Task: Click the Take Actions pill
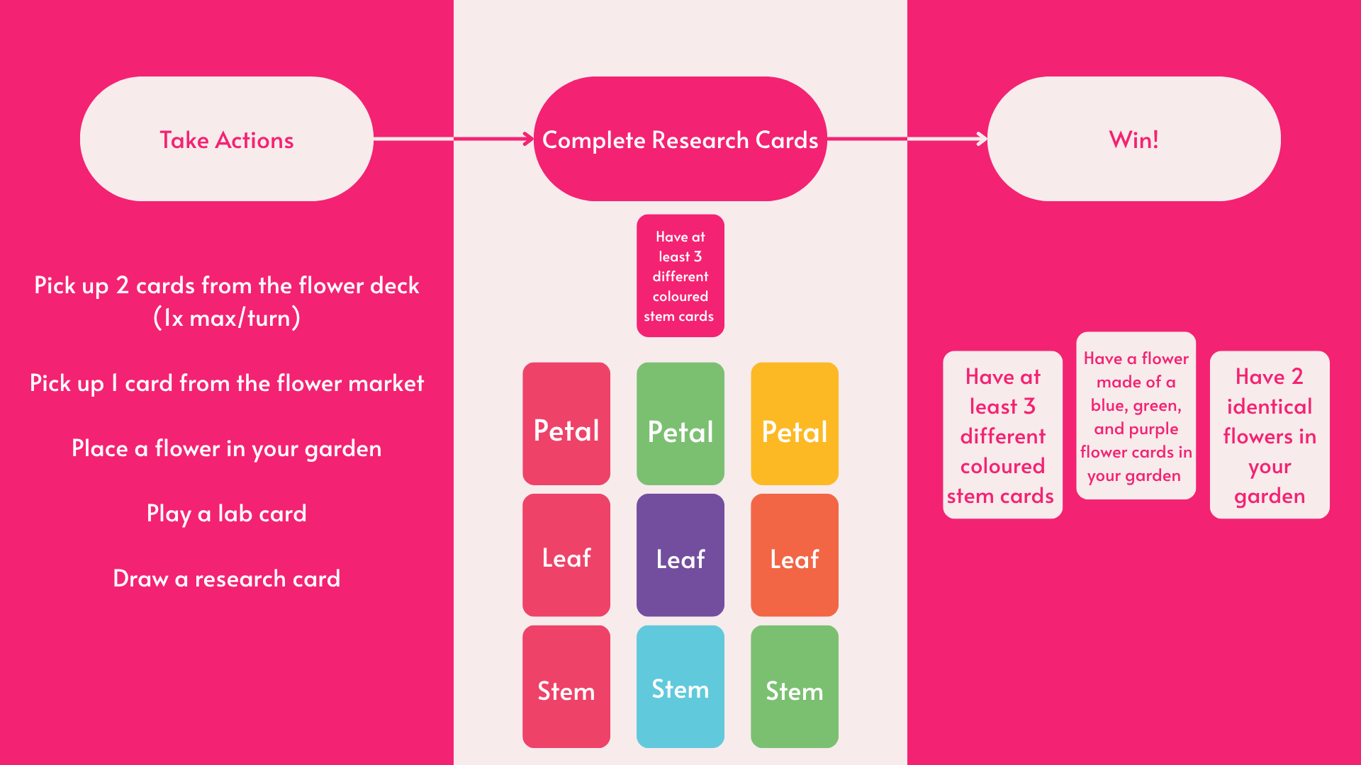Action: [226, 139]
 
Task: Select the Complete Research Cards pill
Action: [680, 139]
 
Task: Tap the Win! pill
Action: [1133, 139]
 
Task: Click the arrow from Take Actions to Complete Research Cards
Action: [454, 139]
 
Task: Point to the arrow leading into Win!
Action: [907, 139]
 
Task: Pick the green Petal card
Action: [680, 424]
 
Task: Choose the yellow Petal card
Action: [794, 424]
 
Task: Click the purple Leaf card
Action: [680, 555]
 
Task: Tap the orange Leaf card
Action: [794, 555]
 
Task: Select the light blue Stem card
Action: [680, 686]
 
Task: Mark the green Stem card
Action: [794, 686]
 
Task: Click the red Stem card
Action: [566, 686]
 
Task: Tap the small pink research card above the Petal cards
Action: [680, 276]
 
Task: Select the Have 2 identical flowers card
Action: [1269, 434]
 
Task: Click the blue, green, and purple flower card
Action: [1136, 416]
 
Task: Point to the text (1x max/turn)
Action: [227, 318]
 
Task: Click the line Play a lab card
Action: [227, 514]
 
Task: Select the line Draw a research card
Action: [227, 579]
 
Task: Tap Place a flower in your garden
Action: [227, 448]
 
